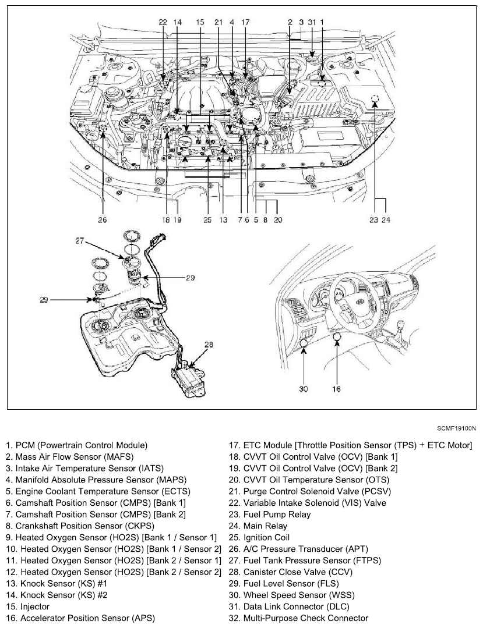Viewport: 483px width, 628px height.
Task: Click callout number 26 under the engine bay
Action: point(103,221)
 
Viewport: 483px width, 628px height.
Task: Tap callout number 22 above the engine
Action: point(163,22)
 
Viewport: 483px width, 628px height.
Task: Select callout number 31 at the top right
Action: point(312,22)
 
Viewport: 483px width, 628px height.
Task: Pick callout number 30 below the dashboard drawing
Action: point(304,388)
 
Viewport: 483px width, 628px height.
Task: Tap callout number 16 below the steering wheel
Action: point(336,388)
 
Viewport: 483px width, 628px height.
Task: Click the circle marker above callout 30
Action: point(304,343)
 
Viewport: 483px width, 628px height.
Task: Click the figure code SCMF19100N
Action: point(456,428)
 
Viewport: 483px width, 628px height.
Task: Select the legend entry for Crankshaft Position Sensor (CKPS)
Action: point(92,526)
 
